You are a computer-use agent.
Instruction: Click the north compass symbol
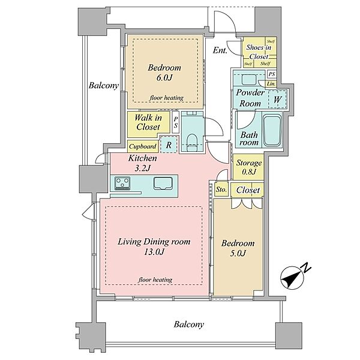(x=293, y=277)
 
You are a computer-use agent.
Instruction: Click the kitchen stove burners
(x=122, y=183)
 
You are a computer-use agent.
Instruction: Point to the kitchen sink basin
(x=163, y=183)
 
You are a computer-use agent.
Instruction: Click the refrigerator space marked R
(x=169, y=145)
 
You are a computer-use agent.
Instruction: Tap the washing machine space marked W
(x=277, y=99)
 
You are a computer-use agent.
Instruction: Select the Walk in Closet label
(x=148, y=122)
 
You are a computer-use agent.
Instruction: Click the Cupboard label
(x=143, y=146)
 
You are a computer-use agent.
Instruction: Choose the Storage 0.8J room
(x=248, y=167)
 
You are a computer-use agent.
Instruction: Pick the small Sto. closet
(x=221, y=190)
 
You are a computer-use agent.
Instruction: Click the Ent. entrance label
(x=220, y=50)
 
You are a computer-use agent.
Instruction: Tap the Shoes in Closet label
(x=259, y=52)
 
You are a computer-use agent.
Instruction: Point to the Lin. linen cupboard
(x=271, y=84)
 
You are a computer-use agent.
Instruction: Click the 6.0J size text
(x=164, y=78)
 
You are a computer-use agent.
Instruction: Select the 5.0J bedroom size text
(x=238, y=253)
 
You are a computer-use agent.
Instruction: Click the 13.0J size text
(x=154, y=252)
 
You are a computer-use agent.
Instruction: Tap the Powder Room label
(x=250, y=98)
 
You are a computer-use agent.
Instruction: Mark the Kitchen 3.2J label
(x=142, y=163)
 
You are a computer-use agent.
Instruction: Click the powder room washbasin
(x=249, y=80)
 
